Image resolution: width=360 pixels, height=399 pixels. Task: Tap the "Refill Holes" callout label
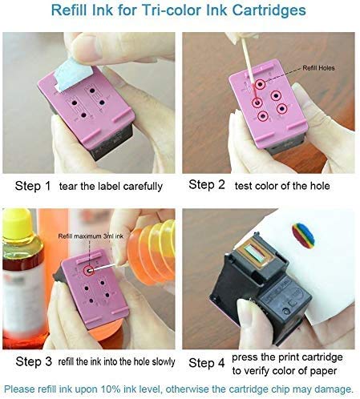coord(318,68)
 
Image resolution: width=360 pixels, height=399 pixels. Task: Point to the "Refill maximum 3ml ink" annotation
coord(91,236)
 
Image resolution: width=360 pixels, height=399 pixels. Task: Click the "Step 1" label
coord(33,186)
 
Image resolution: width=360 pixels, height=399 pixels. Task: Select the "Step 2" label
coord(207,184)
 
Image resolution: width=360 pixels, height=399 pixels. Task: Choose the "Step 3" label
coord(34,361)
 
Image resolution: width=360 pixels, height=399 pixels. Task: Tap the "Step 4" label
coord(207,363)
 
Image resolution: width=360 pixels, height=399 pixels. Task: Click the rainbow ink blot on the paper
coord(303,234)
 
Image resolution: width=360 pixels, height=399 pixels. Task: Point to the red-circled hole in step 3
coord(89,271)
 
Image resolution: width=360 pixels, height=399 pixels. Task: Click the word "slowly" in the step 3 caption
coord(164,362)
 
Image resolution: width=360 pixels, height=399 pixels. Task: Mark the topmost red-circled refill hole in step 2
coord(260,85)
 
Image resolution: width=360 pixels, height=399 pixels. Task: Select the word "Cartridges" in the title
coord(269,10)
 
